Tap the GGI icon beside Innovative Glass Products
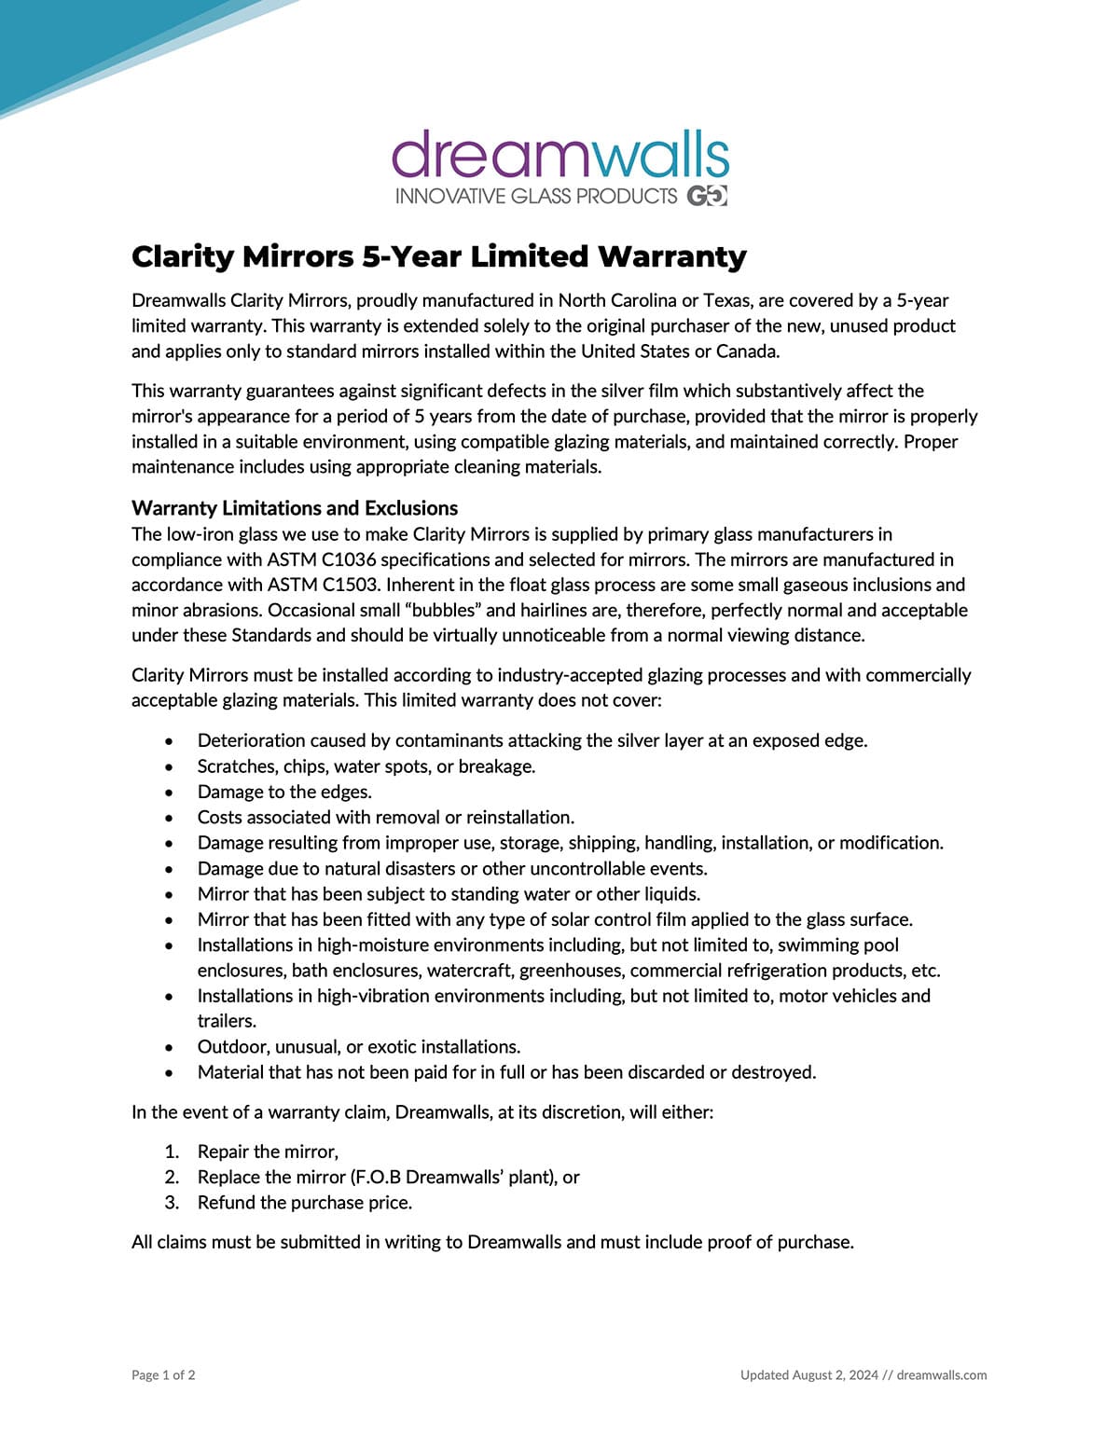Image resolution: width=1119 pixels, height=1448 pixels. point(707,196)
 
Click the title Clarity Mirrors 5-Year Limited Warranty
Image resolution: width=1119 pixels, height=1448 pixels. point(438,256)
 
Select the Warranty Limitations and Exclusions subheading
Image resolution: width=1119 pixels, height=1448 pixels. point(295,508)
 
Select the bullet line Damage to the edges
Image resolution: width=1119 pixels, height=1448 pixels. point(284,792)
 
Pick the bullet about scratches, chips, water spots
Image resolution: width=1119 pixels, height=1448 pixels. point(366,766)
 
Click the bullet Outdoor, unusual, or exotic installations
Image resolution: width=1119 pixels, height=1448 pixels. point(359,1046)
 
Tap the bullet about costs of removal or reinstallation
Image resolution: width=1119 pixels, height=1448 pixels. point(385,818)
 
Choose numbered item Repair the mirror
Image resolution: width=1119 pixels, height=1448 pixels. point(268,1152)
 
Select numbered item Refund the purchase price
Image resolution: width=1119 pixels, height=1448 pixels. point(304,1203)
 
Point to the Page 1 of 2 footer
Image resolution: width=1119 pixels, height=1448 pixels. point(163,1374)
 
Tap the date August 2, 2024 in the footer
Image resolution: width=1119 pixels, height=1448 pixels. point(835,1374)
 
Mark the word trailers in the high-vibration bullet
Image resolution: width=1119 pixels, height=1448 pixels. point(226,1021)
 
